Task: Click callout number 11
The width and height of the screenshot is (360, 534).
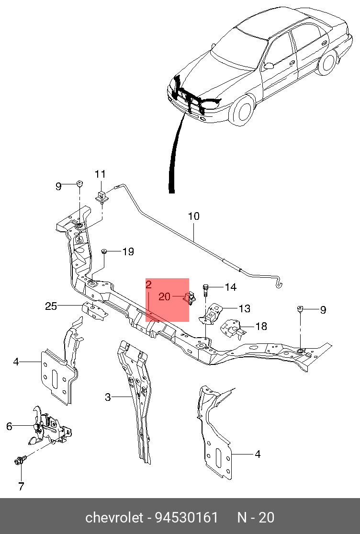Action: tap(100, 174)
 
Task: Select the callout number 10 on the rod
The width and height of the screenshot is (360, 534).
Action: tap(193, 216)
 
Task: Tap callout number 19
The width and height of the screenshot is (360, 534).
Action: tap(128, 252)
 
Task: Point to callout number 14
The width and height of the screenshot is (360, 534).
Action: tap(230, 287)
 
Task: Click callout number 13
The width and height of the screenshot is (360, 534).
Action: tap(244, 308)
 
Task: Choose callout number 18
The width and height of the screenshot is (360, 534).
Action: tap(261, 326)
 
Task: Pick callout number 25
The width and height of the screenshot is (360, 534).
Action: tap(51, 306)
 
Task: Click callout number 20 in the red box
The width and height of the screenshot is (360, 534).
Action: tap(164, 296)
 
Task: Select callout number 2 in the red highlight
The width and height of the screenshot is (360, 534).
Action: tap(149, 284)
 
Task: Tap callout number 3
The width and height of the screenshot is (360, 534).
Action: tap(108, 397)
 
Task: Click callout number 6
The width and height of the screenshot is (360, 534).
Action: tap(9, 426)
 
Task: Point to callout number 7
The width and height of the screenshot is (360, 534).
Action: tap(21, 486)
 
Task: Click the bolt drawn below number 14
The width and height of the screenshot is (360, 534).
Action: tap(205, 290)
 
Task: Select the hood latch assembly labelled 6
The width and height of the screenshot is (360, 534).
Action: tap(50, 427)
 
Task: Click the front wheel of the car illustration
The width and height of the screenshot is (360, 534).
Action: tap(242, 110)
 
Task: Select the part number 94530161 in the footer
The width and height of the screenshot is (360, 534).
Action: tap(187, 518)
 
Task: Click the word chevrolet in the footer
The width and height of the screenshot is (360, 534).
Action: tap(114, 518)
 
